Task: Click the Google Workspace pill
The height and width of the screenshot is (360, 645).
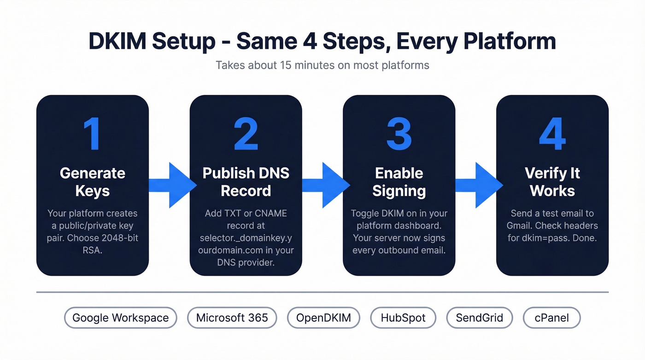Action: pos(120,318)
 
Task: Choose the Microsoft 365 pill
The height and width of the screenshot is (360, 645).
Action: pos(232,318)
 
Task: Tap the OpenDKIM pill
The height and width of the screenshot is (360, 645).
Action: pos(323,318)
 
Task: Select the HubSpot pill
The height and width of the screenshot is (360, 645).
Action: pos(404,318)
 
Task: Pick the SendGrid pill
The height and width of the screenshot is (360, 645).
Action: pos(479,318)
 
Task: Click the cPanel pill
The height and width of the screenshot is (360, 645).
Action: pos(551,318)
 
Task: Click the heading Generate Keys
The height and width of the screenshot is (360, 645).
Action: pos(92,182)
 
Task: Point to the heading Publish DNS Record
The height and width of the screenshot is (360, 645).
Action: pos(246,182)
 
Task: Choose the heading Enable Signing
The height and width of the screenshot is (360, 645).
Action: pos(399,182)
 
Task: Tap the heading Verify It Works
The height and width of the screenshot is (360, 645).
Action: pos(552,182)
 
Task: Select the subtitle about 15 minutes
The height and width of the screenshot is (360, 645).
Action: pos(322,65)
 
